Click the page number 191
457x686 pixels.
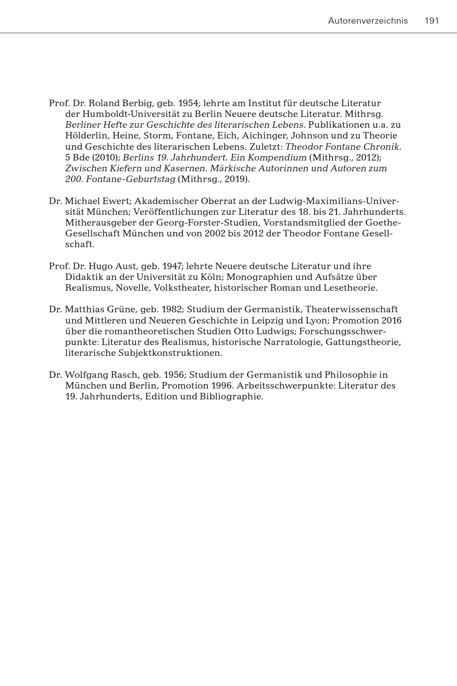[x=432, y=21]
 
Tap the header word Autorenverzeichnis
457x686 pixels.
[x=368, y=21]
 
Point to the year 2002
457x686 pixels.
[x=214, y=234]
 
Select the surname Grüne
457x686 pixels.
[x=121, y=309]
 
